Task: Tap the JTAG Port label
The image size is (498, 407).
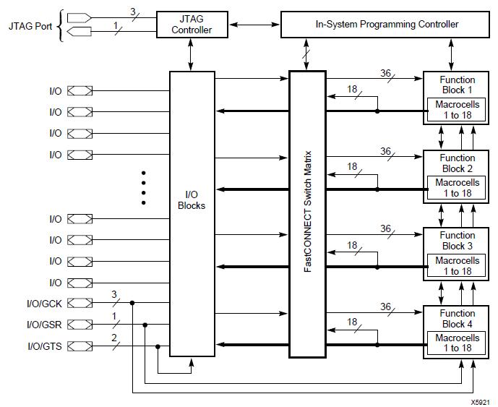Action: (x=30, y=26)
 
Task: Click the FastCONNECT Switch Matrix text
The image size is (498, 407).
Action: (x=308, y=212)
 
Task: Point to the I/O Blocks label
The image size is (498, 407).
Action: (x=192, y=200)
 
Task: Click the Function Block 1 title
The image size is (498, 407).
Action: (x=457, y=85)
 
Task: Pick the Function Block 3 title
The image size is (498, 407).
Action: (x=457, y=241)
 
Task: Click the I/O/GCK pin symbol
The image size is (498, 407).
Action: (x=80, y=304)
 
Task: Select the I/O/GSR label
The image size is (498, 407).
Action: (x=44, y=325)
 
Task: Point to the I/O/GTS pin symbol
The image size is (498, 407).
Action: (x=80, y=346)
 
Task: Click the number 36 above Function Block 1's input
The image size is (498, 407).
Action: (x=385, y=73)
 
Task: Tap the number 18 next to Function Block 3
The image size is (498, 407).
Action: (x=352, y=245)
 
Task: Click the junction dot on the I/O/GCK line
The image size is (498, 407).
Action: (x=132, y=303)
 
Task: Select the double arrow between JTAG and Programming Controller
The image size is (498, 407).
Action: (x=254, y=25)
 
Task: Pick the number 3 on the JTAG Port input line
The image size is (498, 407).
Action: (x=133, y=12)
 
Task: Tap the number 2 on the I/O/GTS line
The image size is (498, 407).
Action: (x=114, y=338)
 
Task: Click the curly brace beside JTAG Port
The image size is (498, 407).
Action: (x=60, y=26)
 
